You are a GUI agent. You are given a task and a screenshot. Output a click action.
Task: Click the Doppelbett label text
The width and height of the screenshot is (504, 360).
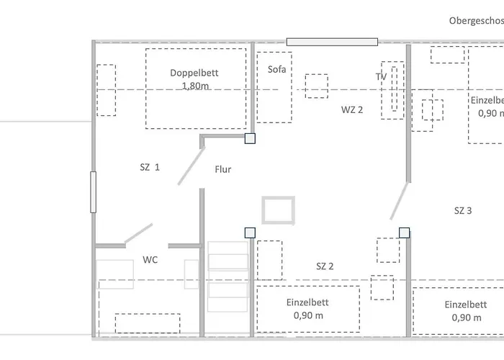(x=194, y=73)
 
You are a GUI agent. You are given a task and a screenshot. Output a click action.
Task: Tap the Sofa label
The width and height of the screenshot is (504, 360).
(x=276, y=70)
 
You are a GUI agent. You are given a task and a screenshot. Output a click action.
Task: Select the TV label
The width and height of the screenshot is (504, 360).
(x=382, y=76)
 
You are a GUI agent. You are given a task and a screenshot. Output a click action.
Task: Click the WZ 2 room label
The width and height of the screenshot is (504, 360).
(x=351, y=109)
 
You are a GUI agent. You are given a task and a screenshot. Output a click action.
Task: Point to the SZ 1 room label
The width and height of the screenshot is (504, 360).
(x=149, y=167)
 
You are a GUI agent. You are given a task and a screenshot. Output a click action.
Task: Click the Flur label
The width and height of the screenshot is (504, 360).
(x=222, y=170)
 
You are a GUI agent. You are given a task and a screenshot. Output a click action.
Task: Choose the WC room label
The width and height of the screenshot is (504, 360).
(x=150, y=259)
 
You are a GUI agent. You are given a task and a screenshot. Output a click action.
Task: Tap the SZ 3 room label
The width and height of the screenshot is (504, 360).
(x=463, y=211)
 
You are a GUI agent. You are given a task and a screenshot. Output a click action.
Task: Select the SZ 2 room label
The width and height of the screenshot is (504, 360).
(x=325, y=266)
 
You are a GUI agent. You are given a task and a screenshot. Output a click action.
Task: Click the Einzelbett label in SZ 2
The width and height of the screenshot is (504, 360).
(x=307, y=303)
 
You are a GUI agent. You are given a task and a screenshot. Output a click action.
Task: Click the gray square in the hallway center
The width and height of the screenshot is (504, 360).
(x=278, y=211)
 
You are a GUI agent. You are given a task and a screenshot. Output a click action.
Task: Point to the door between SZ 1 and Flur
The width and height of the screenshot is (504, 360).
(x=190, y=165)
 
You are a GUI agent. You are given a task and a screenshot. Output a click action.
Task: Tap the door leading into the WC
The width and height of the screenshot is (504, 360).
(x=138, y=233)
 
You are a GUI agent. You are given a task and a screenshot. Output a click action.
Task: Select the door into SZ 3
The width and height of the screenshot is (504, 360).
(x=399, y=201)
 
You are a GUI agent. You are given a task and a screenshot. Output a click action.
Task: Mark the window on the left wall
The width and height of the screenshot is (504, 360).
(x=93, y=192)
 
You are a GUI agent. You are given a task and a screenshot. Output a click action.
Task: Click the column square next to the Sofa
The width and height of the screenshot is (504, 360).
(x=250, y=138)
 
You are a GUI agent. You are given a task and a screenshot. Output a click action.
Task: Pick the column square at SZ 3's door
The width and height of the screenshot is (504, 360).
(x=404, y=232)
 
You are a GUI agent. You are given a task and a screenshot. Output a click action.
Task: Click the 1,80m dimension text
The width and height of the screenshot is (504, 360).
(x=194, y=86)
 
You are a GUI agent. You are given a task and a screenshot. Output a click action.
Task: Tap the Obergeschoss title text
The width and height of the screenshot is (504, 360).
(x=475, y=21)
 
